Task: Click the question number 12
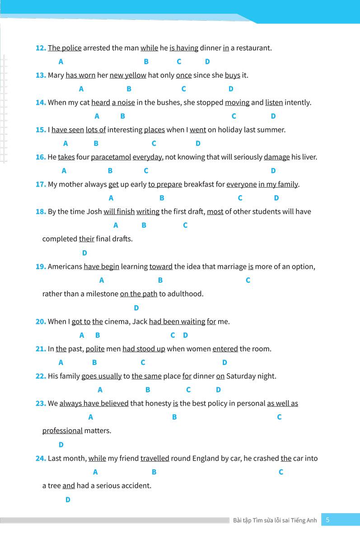point(41,48)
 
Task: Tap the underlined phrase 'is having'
point(184,48)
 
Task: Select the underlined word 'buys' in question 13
point(232,75)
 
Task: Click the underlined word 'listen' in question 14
point(274,103)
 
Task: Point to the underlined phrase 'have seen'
point(67,130)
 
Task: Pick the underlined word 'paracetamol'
point(111,157)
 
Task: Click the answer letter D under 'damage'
point(273,171)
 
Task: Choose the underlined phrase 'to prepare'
point(165,184)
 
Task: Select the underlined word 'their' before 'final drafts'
point(86,238)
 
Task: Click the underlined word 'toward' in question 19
point(161,266)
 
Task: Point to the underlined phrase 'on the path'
point(138,294)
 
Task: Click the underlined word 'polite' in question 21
point(95,349)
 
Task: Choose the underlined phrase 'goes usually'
point(101,376)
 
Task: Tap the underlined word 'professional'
point(62,430)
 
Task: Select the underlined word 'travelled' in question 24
point(154,458)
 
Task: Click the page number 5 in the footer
point(327,520)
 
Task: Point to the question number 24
point(41,458)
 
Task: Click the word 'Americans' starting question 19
point(65,266)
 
